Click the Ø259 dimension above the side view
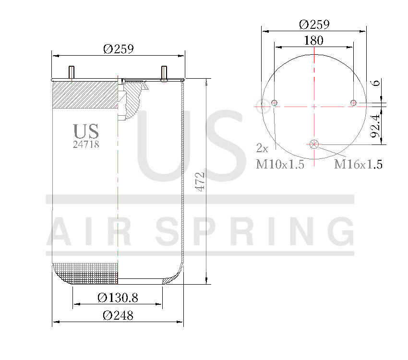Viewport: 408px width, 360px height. (118, 49)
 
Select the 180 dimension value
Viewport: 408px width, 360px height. (313, 40)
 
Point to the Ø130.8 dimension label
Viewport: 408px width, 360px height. (118, 298)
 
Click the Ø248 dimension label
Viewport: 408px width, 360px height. (118, 316)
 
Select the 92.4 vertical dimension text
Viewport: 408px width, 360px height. (378, 125)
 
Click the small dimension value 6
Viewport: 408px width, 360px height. (377, 83)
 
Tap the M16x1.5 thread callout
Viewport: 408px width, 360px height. (358, 165)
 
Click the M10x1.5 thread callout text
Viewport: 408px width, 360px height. (280, 165)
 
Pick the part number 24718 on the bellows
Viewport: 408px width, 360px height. (86, 144)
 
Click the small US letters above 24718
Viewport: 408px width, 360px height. (86, 131)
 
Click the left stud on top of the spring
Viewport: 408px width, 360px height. (72, 72)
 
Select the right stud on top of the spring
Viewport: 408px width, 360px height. (164, 72)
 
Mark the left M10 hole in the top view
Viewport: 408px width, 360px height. (275, 102)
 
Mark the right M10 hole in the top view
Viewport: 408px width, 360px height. (353, 102)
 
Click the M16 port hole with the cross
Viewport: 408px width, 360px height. (314, 143)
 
